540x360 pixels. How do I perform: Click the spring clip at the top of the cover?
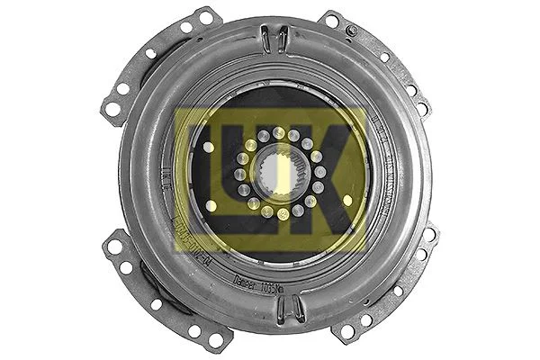[274, 40]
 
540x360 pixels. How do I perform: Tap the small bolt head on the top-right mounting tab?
[352, 31]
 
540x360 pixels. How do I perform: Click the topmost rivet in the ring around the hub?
[280, 133]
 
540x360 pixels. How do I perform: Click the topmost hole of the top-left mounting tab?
[206, 17]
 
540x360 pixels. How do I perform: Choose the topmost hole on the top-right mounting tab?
[332, 20]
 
